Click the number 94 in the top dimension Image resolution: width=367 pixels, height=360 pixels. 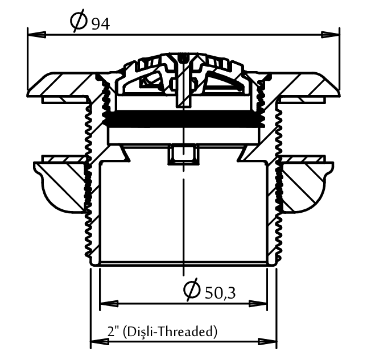pyautogui.click(x=100, y=24)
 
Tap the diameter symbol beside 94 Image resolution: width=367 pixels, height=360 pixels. pyautogui.click(x=79, y=20)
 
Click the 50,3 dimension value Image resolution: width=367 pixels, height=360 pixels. pyautogui.click(x=220, y=293)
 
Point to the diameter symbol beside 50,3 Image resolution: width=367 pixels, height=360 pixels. pyautogui.click(x=192, y=289)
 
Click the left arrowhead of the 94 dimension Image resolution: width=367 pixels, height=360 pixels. pyautogui.click(x=36, y=35)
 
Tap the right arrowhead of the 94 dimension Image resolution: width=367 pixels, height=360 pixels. pyautogui.click(x=330, y=35)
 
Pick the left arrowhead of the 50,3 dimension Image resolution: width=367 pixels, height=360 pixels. pyautogui.click(x=109, y=304)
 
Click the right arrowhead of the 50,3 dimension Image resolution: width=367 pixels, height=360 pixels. pyautogui.click(x=258, y=304)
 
